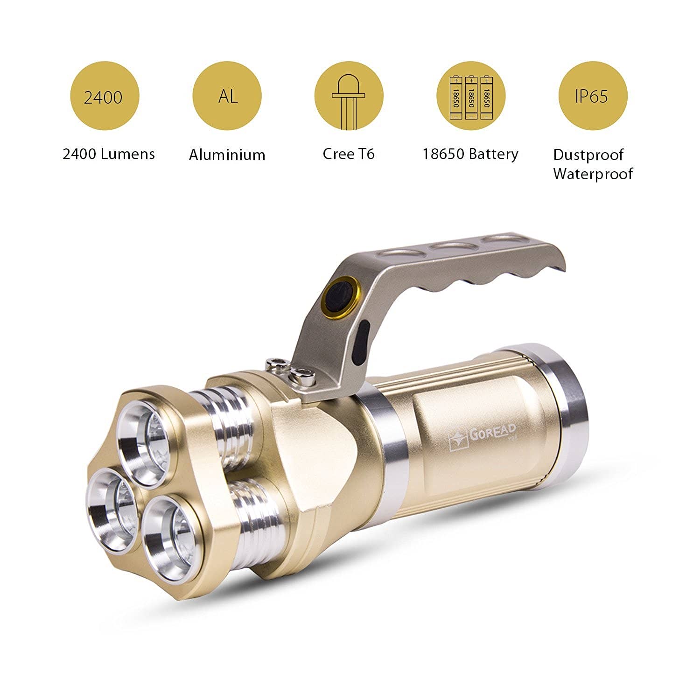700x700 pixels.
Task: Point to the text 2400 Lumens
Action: point(109,154)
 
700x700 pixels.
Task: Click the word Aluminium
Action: point(227,154)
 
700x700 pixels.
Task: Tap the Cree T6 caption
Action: point(349,154)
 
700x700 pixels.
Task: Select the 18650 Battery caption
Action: point(470,154)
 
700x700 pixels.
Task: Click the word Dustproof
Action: point(588,155)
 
